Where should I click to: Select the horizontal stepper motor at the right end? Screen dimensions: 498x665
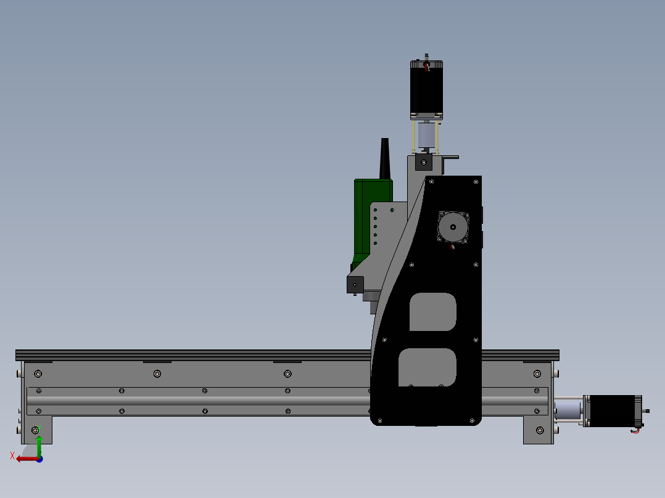[x=614, y=410]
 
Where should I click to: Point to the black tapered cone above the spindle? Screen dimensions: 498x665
[x=386, y=159]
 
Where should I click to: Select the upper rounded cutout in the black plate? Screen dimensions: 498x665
[x=432, y=312]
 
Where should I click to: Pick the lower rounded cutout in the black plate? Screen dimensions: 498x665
[x=427, y=367]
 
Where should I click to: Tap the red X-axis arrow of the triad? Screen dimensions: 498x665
[x=25, y=459]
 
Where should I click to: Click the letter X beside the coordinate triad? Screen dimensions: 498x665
[x=12, y=455]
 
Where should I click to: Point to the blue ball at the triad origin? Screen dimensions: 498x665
[x=39, y=459]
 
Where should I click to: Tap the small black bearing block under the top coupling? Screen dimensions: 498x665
[x=423, y=163]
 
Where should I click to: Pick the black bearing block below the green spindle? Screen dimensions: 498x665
[x=355, y=285]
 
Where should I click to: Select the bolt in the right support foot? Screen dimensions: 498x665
[x=540, y=430]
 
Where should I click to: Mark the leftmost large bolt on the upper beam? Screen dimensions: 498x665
[x=38, y=373]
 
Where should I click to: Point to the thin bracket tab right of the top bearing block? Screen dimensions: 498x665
[x=451, y=157]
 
